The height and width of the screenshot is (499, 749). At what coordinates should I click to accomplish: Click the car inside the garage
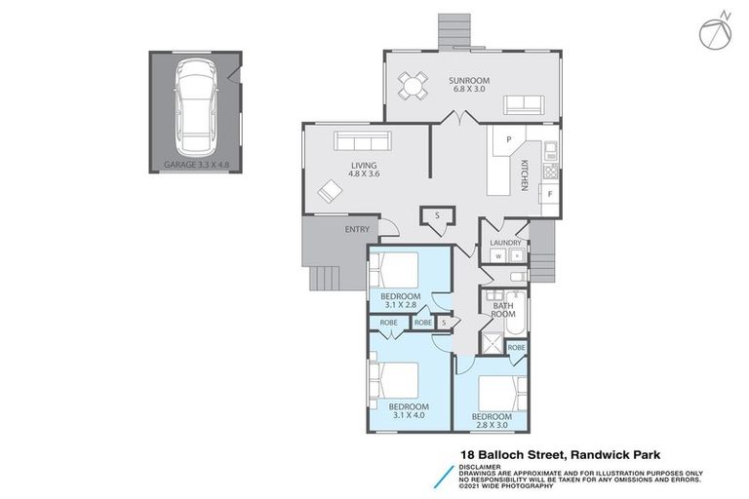point(194,101)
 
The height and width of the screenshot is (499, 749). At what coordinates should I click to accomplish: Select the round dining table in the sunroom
point(413,88)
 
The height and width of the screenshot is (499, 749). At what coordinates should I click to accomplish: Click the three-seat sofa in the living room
point(362,139)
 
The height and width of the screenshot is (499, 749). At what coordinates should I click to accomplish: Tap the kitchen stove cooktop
point(550,172)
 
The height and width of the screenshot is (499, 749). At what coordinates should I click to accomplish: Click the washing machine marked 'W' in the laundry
point(497,256)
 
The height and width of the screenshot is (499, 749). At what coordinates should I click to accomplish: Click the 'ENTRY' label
point(356,230)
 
